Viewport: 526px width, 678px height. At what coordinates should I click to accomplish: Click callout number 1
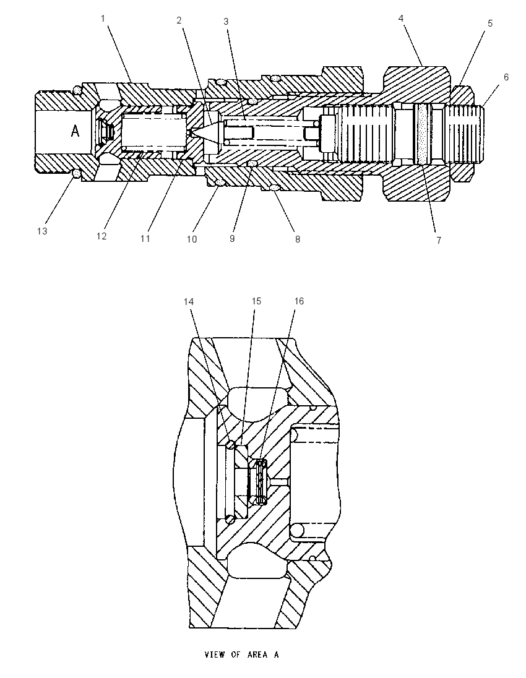(x=103, y=19)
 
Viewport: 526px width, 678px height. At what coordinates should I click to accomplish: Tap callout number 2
(x=179, y=20)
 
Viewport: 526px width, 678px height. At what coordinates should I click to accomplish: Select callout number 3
(x=226, y=21)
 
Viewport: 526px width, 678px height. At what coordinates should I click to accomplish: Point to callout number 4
(x=401, y=18)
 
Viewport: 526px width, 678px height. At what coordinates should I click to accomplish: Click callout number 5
(x=490, y=24)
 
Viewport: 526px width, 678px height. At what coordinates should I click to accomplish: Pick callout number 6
(x=506, y=77)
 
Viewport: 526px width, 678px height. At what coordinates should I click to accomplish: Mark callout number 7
(x=439, y=240)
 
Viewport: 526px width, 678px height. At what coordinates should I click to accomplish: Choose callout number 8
(x=298, y=239)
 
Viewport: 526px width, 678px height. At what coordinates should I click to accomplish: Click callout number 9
(x=232, y=239)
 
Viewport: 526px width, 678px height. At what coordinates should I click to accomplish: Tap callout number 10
(x=192, y=239)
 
